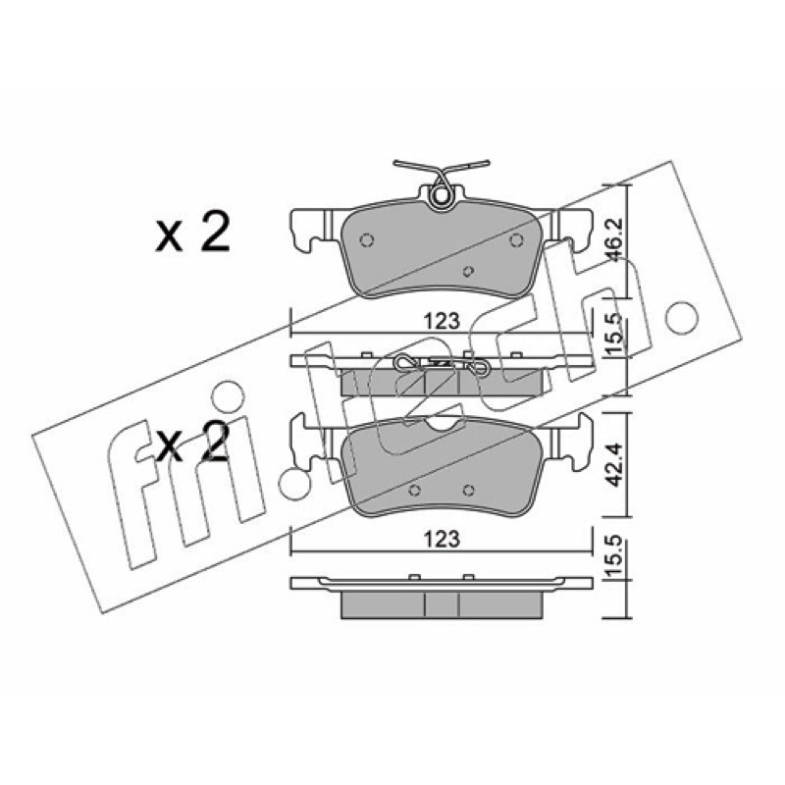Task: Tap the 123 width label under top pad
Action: tap(443, 321)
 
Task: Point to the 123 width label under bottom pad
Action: tap(443, 539)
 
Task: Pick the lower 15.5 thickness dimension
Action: tap(615, 555)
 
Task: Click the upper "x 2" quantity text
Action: tap(192, 232)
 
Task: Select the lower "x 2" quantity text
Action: tap(192, 443)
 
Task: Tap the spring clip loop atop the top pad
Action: tap(441, 195)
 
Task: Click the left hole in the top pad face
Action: tap(366, 240)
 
